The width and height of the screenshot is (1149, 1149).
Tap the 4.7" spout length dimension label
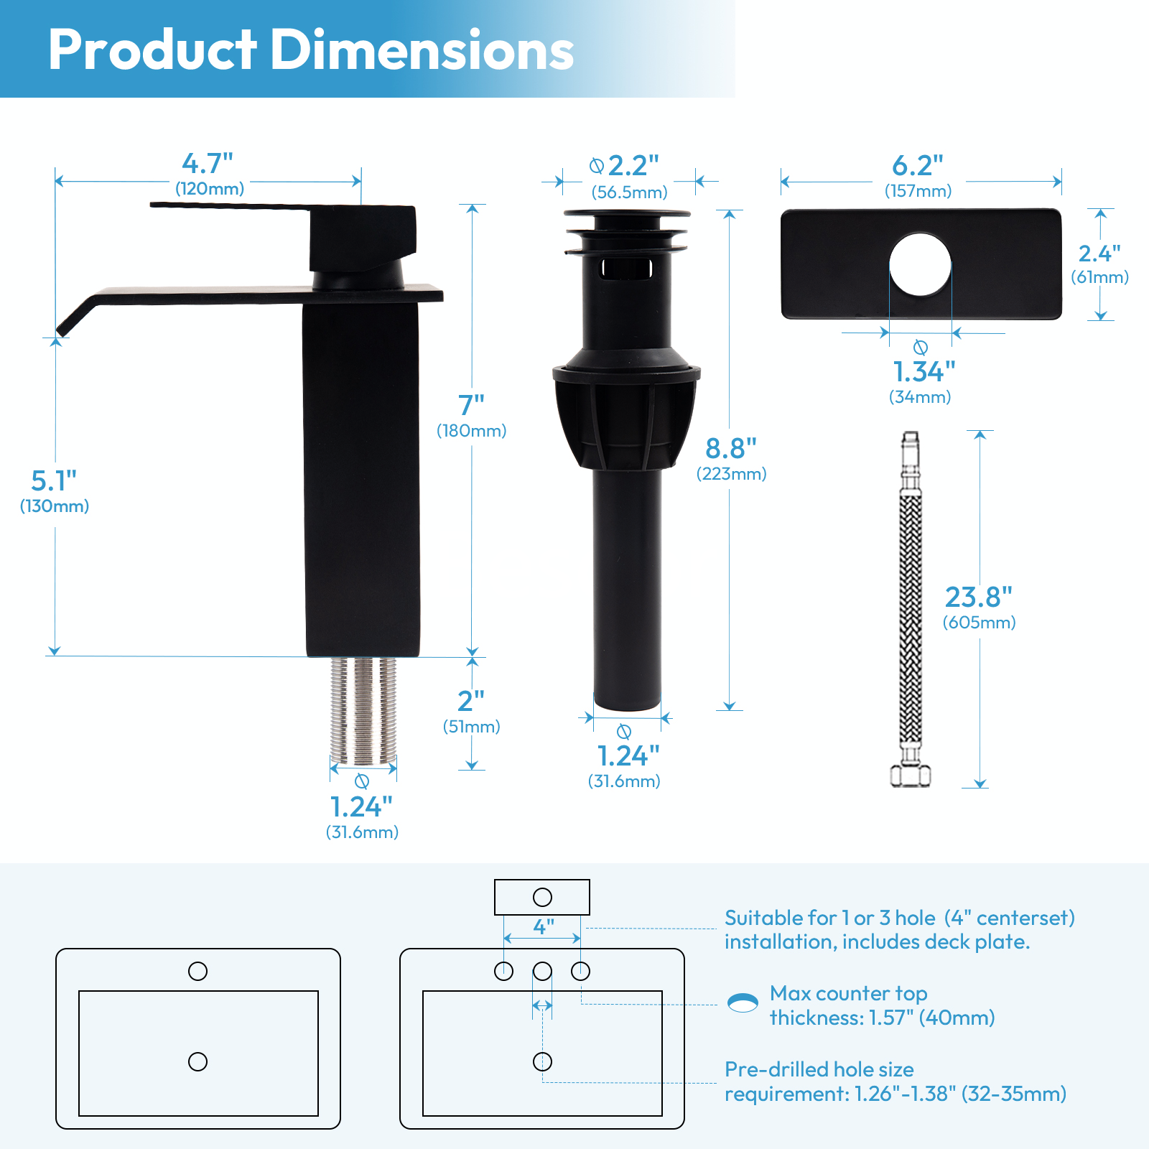click(208, 164)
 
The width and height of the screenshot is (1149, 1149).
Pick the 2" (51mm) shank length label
click(471, 710)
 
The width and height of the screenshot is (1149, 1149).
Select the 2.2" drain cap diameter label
click(633, 166)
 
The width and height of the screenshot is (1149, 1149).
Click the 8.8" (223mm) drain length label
click(731, 457)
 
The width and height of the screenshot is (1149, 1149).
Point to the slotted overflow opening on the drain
click(626, 269)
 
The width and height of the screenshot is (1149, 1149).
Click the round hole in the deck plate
click(920, 264)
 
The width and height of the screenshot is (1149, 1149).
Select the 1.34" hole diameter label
click(924, 373)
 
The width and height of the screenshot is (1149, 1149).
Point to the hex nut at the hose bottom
click(911, 775)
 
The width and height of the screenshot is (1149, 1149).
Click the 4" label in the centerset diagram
click(544, 926)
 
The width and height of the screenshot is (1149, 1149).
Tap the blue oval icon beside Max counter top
click(743, 1003)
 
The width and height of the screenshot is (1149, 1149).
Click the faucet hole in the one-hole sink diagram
click(197, 971)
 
